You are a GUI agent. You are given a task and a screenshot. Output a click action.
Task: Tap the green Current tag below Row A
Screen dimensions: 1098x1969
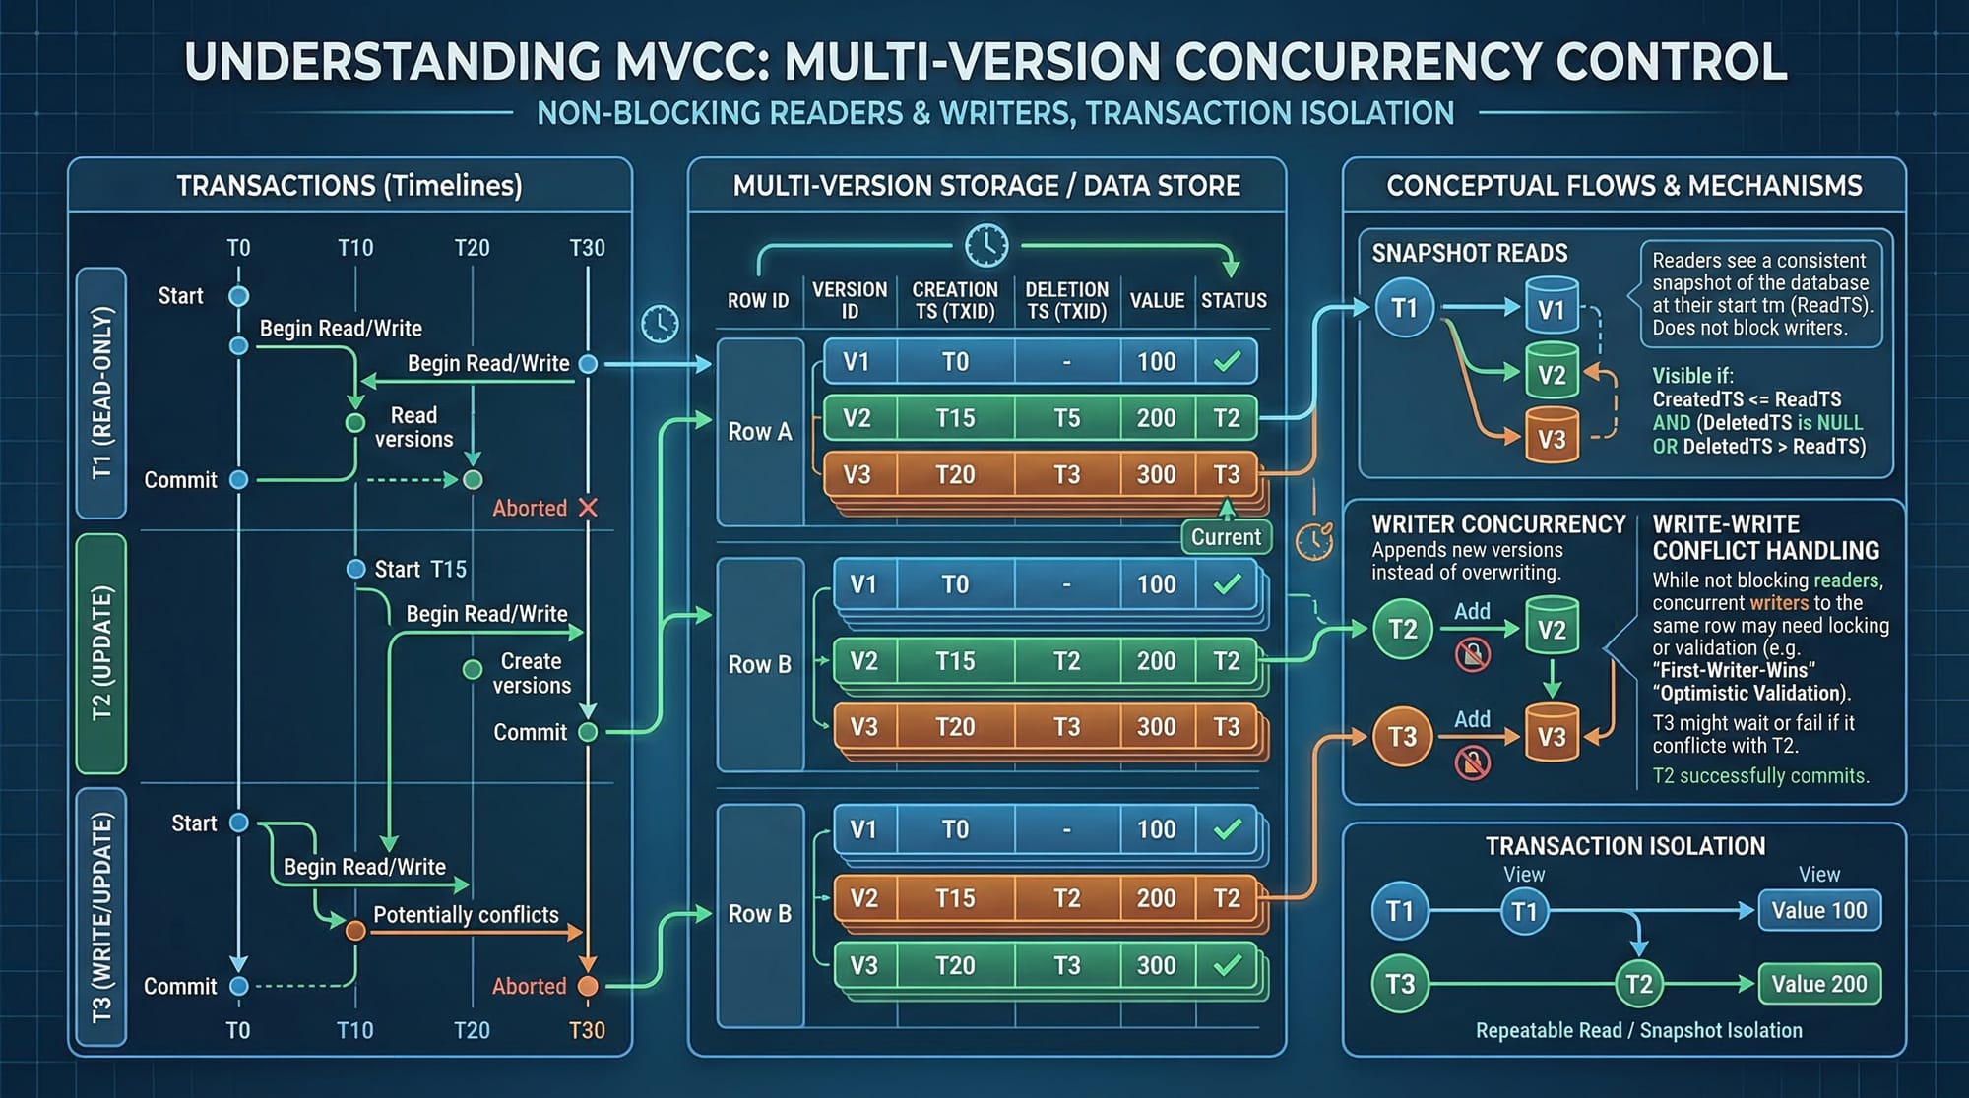coord(1226,537)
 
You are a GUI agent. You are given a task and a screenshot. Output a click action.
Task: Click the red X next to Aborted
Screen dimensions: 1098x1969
coord(588,508)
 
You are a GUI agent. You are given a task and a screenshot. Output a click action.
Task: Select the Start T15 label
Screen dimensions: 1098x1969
coord(420,569)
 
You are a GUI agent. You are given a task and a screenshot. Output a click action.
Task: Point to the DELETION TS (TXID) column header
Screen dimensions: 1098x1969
coord(1066,300)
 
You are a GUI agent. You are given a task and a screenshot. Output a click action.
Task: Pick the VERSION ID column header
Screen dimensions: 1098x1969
coord(849,300)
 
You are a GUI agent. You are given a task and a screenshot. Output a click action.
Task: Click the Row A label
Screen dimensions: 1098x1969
coord(759,431)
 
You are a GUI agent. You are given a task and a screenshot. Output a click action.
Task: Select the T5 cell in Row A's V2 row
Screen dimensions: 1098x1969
coord(1067,418)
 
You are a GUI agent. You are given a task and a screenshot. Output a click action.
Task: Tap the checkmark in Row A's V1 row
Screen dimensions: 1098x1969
coord(1227,362)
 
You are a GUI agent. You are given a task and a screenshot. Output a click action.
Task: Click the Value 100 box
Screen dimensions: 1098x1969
coord(1818,910)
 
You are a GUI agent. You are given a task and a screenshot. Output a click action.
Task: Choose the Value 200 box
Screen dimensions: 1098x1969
coord(1818,984)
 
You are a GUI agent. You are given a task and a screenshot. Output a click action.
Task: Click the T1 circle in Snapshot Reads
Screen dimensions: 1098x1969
coord(1404,308)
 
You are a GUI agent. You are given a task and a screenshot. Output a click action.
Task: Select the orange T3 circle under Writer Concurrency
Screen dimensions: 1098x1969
coord(1402,736)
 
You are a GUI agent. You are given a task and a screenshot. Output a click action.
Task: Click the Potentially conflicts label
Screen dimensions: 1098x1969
coord(466,914)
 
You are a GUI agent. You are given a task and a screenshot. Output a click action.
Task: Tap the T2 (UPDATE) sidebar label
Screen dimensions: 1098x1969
coord(101,653)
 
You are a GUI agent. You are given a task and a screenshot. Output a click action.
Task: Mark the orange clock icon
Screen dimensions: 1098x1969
coord(1313,541)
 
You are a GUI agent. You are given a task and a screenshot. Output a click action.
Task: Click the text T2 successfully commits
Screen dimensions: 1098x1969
coord(1760,775)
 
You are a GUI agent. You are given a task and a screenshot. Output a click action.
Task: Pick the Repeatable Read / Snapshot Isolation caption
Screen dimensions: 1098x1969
coord(1638,1030)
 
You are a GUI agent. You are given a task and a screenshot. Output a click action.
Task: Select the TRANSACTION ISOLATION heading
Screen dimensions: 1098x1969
coord(1624,846)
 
